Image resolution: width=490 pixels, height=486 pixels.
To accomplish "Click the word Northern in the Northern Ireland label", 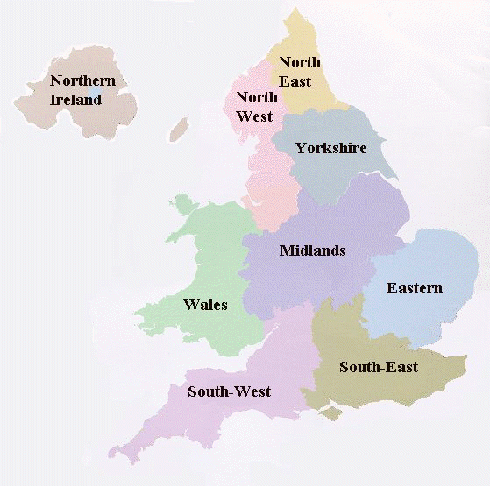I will coord(82,81).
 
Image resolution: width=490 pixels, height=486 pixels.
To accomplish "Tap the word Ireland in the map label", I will coord(75,100).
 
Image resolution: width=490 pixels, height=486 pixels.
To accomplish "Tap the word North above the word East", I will coord(300,61).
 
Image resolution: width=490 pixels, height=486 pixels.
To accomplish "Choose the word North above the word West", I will coord(257,97).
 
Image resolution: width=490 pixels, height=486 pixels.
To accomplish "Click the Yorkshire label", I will coord(330,148).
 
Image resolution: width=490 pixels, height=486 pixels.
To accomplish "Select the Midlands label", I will coord(312,251).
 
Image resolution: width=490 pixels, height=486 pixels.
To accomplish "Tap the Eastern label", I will coord(415,288).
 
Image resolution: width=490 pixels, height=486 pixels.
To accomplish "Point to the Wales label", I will coord(205,305).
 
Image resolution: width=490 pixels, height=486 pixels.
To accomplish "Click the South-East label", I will coord(379,367).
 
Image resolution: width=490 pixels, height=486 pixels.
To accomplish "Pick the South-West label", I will coord(229,391).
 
